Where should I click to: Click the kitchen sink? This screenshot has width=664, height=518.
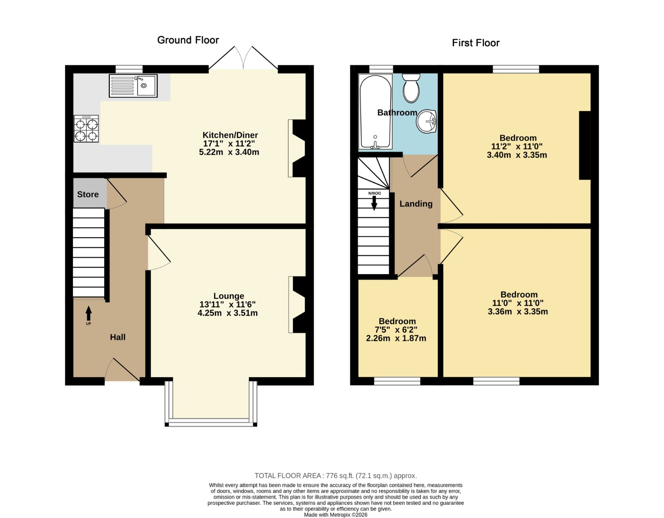(133, 86)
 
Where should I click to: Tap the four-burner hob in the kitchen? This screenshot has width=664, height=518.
(86, 129)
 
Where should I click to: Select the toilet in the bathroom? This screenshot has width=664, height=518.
(411, 88)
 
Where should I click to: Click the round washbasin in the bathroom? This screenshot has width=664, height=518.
(426, 121)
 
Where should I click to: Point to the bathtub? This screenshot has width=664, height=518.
(375, 112)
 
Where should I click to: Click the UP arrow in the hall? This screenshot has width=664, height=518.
(88, 314)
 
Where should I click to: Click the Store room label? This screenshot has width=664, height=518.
(88, 194)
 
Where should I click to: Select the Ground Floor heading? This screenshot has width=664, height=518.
(188, 40)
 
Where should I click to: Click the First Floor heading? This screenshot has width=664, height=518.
(476, 43)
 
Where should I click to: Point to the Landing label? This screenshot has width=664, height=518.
(416, 204)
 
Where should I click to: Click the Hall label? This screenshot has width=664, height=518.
(117, 337)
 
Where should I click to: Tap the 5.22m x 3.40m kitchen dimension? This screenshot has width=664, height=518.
(229, 152)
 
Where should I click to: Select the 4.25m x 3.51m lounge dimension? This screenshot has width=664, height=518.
(228, 313)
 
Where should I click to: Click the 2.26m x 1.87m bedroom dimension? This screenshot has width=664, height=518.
(396, 338)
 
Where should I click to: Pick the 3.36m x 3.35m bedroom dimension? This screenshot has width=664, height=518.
(518, 312)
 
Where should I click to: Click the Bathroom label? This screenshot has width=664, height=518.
(397, 113)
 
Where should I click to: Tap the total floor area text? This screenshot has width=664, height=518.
(335, 476)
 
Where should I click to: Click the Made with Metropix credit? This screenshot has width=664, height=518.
(335, 515)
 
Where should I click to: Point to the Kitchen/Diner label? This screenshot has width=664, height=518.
(230, 135)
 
